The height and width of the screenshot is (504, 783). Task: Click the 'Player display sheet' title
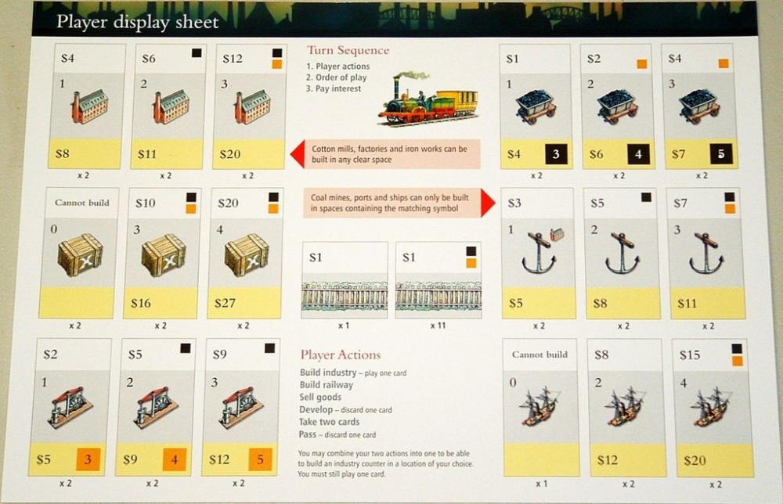pos(137,22)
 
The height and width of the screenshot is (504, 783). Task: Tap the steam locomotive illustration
pos(428,99)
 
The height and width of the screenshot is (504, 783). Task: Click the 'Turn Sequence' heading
pos(348,50)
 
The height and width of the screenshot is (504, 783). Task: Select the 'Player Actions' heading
pos(340,355)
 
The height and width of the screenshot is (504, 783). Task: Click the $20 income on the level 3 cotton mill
pos(229,154)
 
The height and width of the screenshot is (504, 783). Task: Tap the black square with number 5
pos(721,153)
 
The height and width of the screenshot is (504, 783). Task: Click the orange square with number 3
pos(88,459)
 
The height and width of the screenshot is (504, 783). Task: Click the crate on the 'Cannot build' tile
pos(80,255)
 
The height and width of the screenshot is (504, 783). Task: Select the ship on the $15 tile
pos(711,407)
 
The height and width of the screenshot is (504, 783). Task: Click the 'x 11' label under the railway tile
pos(438,326)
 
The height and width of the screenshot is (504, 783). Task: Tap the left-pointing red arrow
pos(297,154)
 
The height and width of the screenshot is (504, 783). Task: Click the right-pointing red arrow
pos(488,203)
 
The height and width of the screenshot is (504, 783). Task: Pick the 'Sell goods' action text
pos(320,398)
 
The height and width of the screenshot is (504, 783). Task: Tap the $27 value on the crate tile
pos(225,303)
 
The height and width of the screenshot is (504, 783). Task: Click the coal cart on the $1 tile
pos(536,106)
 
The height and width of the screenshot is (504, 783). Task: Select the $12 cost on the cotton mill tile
pos(233,59)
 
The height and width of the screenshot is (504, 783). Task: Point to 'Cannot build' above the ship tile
pos(539,355)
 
